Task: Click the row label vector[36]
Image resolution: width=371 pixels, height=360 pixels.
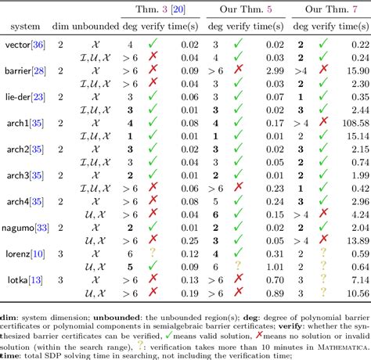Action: [26, 46]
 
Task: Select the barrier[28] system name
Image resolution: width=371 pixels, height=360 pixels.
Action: [26, 70]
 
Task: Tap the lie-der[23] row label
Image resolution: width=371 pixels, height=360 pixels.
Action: [26, 96]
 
